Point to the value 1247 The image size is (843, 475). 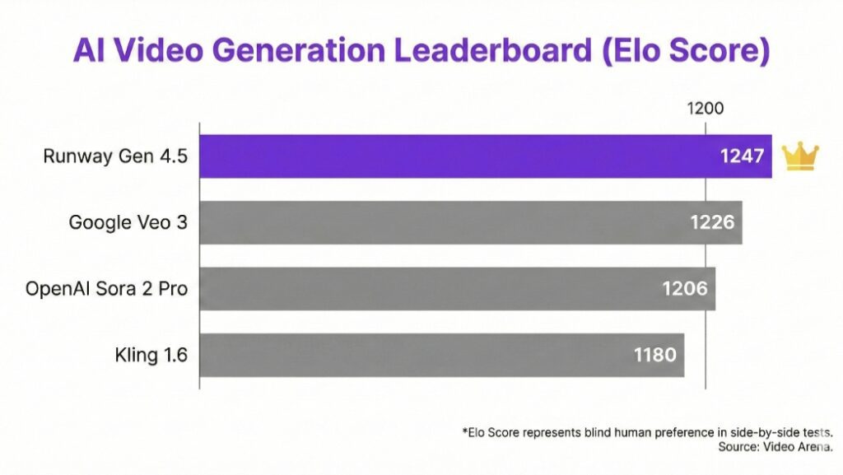coord(743,156)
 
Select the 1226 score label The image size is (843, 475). coord(713,222)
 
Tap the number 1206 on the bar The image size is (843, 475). coord(685,289)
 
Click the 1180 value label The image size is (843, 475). coord(655,355)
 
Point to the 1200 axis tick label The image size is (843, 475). coord(705,109)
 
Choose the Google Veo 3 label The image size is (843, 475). coord(128,222)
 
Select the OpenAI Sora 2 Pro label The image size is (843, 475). coord(106,289)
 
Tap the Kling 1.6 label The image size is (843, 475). coord(151,355)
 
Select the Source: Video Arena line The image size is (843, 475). coord(774,447)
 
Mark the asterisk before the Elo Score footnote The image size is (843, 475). coord(463,431)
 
